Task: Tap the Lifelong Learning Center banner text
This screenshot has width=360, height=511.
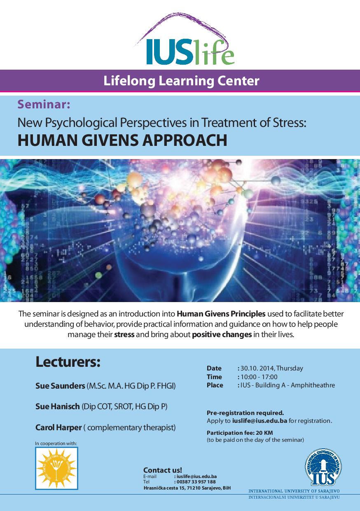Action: (181, 80)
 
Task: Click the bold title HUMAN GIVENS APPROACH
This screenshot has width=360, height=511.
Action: (122, 140)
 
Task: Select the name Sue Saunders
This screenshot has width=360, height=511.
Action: (60, 386)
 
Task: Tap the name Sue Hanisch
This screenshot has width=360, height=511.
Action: (58, 406)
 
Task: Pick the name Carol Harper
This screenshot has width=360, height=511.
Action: (58, 427)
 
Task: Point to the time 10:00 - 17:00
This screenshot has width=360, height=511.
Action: (259, 377)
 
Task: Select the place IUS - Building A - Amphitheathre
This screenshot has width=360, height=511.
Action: (288, 386)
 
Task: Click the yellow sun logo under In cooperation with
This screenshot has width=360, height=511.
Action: (56, 468)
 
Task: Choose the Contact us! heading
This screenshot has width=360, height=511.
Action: (162, 470)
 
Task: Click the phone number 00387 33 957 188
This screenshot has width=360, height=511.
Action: (196, 482)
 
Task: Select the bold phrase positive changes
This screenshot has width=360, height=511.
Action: (222, 334)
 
